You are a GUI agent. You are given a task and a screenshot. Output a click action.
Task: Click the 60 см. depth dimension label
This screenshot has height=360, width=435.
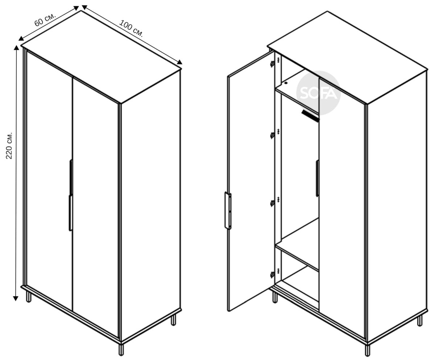(x=45, y=20)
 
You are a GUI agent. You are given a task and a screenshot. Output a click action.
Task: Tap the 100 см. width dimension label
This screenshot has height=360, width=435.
(x=131, y=28)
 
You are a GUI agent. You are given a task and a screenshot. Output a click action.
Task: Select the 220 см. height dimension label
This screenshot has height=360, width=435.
(x=9, y=145)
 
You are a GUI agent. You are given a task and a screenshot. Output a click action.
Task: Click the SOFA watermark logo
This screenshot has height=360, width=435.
(x=318, y=93)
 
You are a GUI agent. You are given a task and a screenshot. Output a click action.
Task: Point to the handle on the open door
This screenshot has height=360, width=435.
(x=228, y=210)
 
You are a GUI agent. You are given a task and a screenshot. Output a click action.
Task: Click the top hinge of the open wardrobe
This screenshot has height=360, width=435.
(x=272, y=64)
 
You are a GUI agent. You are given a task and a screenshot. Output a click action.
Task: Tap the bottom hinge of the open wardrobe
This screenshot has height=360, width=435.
(x=272, y=275)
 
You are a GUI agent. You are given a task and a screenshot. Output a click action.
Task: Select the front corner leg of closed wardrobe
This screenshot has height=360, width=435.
(x=121, y=349)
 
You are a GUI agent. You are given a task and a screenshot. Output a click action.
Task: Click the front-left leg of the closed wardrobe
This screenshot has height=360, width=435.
(x=29, y=297)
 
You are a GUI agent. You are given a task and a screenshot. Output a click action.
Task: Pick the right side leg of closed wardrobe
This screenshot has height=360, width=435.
(x=173, y=320)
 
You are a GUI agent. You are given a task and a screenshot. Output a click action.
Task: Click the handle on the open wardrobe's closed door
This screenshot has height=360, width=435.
(x=317, y=178)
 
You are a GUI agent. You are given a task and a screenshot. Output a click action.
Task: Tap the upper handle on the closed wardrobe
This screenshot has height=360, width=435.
(x=71, y=177)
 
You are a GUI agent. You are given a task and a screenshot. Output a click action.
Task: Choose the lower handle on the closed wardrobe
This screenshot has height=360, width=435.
(x=71, y=213)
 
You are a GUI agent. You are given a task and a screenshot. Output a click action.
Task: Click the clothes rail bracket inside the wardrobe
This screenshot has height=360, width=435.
(x=310, y=116)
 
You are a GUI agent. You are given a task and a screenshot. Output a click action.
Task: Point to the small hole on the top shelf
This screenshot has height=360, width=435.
(x=286, y=83)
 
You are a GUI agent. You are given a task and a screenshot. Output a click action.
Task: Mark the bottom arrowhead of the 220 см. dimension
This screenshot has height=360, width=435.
(x=16, y=298)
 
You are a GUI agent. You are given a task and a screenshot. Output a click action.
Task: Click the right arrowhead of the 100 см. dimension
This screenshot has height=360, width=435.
(x=179, y=62)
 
